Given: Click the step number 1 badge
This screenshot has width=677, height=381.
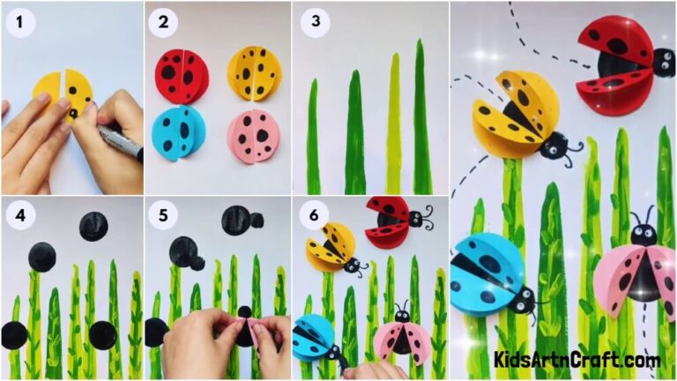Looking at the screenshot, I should point(16,22).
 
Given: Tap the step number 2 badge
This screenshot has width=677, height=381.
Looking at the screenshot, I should point(162,22).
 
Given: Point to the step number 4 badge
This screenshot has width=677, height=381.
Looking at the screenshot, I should point(16,215).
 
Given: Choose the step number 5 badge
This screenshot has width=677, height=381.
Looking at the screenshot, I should point(162,215).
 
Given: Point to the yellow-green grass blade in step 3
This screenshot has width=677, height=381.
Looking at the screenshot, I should point(394,123).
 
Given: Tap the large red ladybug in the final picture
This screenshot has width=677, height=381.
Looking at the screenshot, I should point(617,59).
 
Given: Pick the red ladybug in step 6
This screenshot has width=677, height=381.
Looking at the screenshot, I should point(391,220).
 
